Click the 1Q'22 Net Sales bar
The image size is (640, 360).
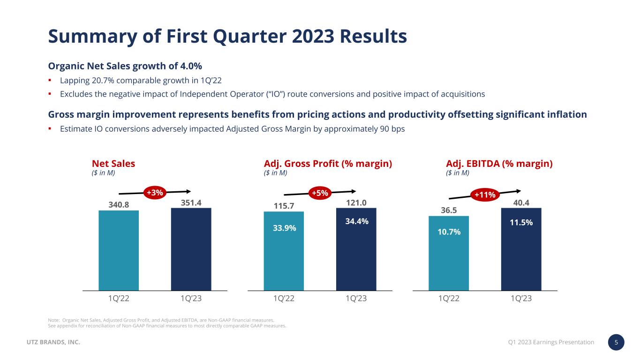click(119, 250)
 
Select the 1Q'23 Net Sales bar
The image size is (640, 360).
click(191, 249)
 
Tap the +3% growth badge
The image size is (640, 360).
click(155, 192)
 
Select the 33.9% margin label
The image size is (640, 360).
click(285, 228)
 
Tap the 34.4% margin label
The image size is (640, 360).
click(357, 221)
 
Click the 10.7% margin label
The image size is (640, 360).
click(449, 232)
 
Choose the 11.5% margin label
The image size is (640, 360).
click(521, 223)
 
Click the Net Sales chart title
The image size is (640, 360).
click(113, 164)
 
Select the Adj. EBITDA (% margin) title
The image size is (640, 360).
click(499, 164)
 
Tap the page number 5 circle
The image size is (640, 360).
click(616, 342)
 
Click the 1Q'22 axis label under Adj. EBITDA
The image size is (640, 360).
click(449, 299)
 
